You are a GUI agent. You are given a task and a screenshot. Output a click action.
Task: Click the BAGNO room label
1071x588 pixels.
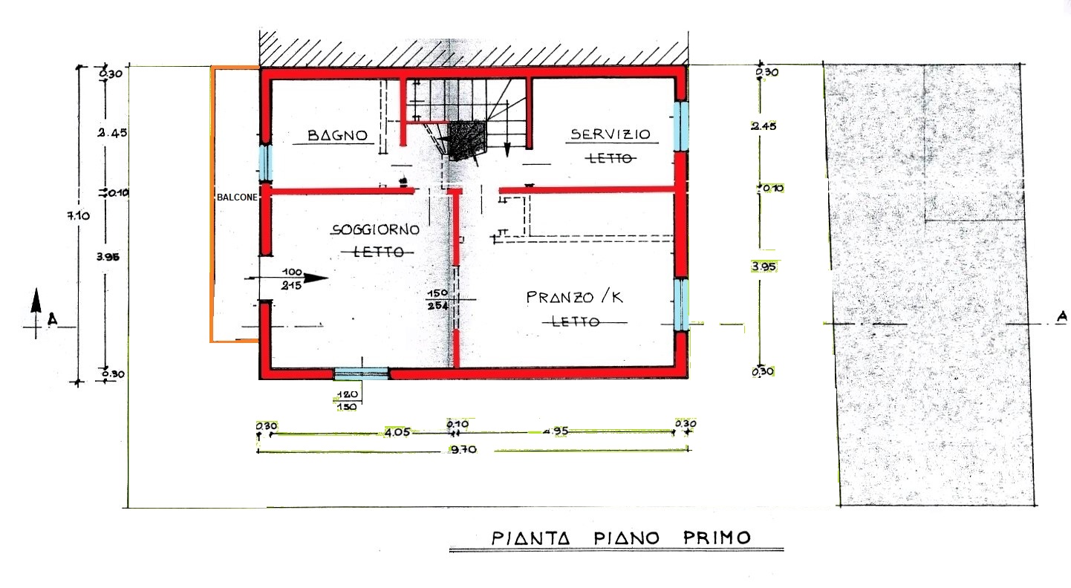coord(338,135)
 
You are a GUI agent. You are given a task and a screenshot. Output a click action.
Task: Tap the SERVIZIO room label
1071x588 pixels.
coord(610,134)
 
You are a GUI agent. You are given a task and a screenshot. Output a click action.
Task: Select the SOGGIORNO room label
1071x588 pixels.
coord(375,230)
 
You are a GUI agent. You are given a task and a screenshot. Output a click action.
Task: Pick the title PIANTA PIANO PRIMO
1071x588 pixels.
coord(620,538)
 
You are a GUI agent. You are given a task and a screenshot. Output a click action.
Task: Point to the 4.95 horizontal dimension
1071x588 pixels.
coord(555,431)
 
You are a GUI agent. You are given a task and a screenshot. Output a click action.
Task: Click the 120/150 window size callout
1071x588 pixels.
coord(347,400)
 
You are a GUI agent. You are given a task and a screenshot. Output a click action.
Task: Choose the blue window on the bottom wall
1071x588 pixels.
coord(361,373)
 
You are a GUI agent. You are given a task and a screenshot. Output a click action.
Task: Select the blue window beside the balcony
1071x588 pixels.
coord(264,163)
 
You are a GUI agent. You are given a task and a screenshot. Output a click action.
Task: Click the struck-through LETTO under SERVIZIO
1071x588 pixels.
coord(610,158)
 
